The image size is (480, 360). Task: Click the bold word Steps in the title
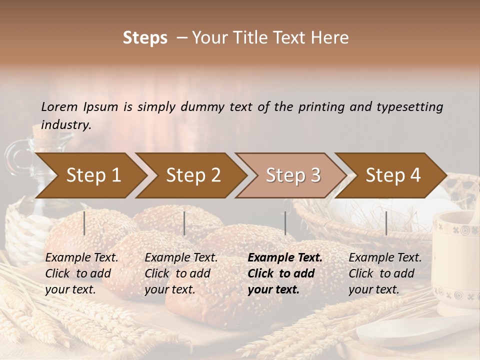tap(145, 38)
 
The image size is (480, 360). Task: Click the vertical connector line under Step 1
tap(84, 223)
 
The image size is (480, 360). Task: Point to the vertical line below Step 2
tap(184, 223)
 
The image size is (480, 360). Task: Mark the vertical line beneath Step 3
tap(285, 223)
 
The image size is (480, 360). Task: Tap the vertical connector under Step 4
tap(386, 223)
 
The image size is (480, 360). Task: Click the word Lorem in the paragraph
tap(59, 106)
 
